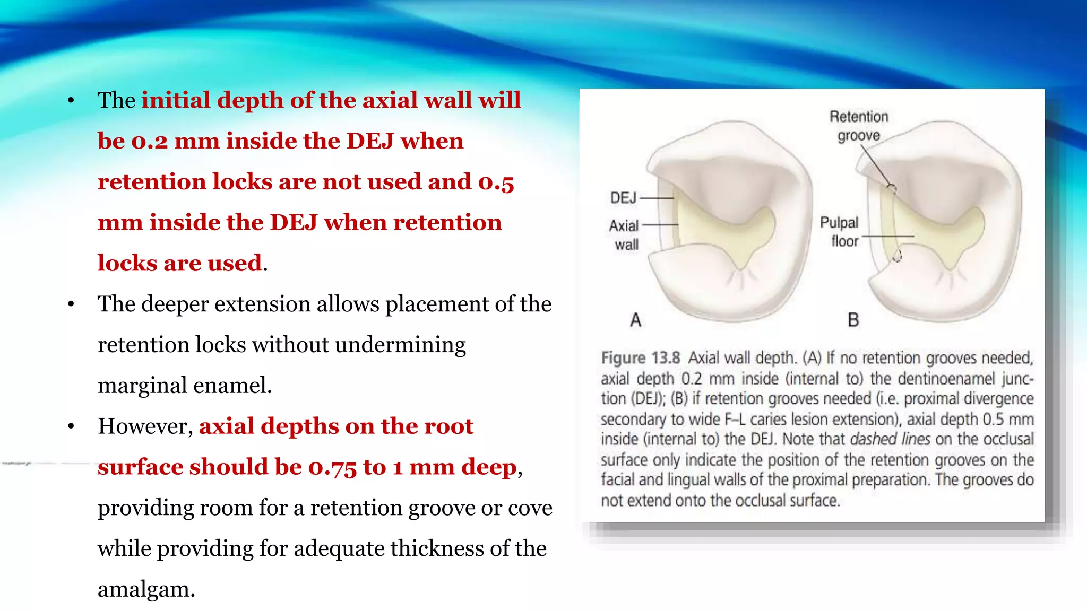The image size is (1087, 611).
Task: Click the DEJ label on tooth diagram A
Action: click(623, 198)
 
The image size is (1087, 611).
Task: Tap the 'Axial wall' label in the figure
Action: click(625, 234)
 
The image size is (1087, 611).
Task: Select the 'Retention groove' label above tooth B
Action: click(858, 126)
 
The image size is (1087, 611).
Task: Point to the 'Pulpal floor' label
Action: click(840, 231)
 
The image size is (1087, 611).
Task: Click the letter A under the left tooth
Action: click(635, 320)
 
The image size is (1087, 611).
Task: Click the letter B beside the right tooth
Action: click(853, 320)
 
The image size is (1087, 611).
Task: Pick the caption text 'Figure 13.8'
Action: click(640, 358)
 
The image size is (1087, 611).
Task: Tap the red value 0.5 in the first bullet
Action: click(496, 182)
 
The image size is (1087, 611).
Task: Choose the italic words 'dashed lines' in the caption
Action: click(890, 439)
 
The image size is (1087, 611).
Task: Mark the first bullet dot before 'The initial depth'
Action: click(71, 101)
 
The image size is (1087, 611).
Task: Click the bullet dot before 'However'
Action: click(71, 426)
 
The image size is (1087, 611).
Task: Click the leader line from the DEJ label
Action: click(657, 198)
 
